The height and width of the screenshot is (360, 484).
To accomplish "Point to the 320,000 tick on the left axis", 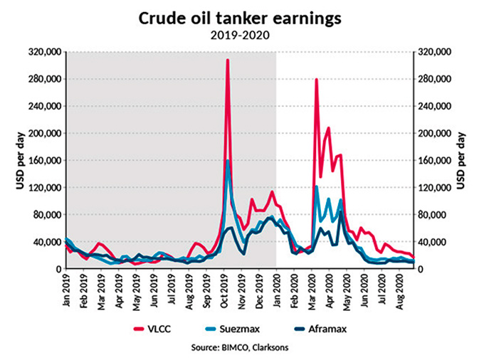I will (x=42, y=52).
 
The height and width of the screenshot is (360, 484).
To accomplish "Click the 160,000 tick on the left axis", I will (x=42, y=161).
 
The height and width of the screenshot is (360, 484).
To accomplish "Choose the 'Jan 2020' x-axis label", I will (x=277, y=292).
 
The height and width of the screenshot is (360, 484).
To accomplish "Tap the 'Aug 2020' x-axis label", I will (x=404, y=292).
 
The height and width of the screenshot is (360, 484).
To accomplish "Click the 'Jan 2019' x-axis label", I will (x=65, y=292).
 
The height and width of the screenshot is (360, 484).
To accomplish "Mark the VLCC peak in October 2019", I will (x=227, y=60).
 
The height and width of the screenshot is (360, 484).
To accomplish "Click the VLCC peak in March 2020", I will (x=316, y=80).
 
